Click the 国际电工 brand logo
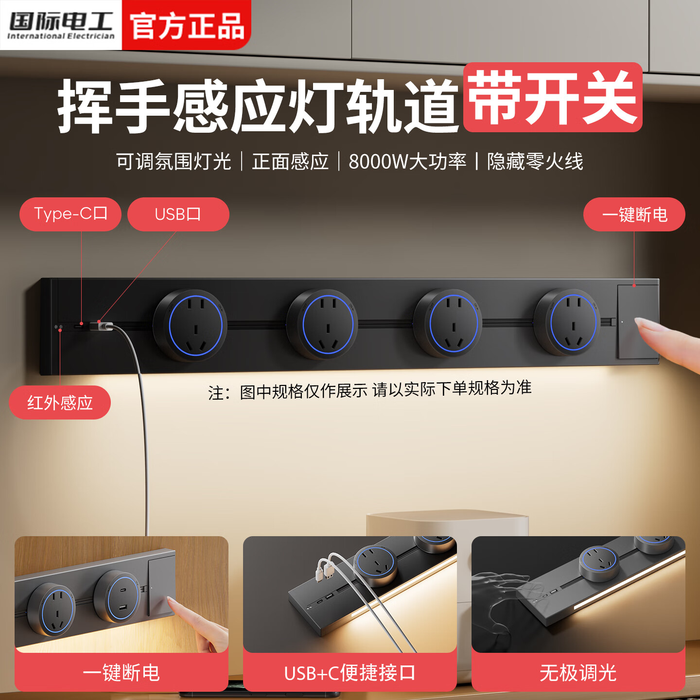click(x=61, y=24)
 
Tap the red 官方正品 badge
click(x=187, y=25)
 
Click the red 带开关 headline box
click(x=553, y=97)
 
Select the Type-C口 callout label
click(x=70, y=214)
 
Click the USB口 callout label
click(x=178, y=214)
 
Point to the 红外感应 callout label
click(x=60, y=402)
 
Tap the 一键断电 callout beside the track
click(x=634, y=214)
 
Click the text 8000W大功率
click(x=407, y=161)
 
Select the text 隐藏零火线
click(x=535, y=161)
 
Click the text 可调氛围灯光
click(x=174, y=161)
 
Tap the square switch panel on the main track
click(x=637, y=321)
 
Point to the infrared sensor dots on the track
click(x=58, y=327)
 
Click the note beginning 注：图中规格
click(x=369, y=390)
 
